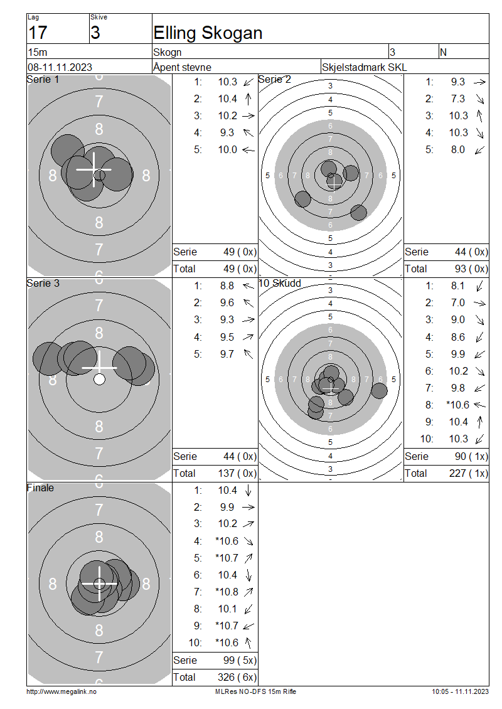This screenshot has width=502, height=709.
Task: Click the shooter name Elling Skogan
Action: point(208,33)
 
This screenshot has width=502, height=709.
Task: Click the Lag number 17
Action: point(38,33)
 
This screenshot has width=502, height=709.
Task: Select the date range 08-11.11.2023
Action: point(60,67)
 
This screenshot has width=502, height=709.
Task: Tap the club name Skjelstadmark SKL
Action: point(364,67)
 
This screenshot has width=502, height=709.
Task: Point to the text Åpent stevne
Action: point(182,67)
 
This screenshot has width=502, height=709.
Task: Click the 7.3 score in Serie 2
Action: point(457,99)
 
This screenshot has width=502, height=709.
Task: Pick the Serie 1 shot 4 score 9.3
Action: point(227,132)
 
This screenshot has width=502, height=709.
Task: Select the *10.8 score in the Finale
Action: point(227,592)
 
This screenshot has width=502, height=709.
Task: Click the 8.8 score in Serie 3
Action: point(227,285)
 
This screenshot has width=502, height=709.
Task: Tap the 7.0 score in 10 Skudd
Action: point(457,302)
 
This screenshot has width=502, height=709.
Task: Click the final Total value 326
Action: point(226,677)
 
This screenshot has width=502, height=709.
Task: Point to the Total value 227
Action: point(457,473)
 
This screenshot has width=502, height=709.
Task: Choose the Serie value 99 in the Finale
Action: point(229,660)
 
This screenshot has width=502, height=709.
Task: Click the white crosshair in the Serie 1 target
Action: point(94,169)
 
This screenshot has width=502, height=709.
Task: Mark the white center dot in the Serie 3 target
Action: point(99,379)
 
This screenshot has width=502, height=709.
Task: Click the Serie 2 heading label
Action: point(274,80)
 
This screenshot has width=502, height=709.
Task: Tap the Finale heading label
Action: point(40,488)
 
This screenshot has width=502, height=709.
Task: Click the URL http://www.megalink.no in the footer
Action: point(61,691)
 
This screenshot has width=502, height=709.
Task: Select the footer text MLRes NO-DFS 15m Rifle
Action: point(255,691)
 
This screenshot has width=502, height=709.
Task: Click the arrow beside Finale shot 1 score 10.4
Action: point(248,490)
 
